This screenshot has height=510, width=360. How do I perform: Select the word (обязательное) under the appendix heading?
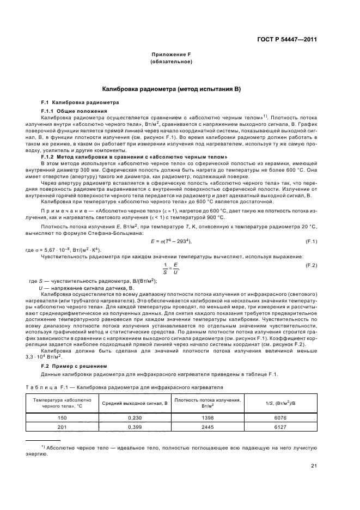(x=171, y=63)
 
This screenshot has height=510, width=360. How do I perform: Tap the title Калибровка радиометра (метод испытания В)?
(x=171, y=89)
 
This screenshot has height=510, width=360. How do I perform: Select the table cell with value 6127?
(x=280, y=426)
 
